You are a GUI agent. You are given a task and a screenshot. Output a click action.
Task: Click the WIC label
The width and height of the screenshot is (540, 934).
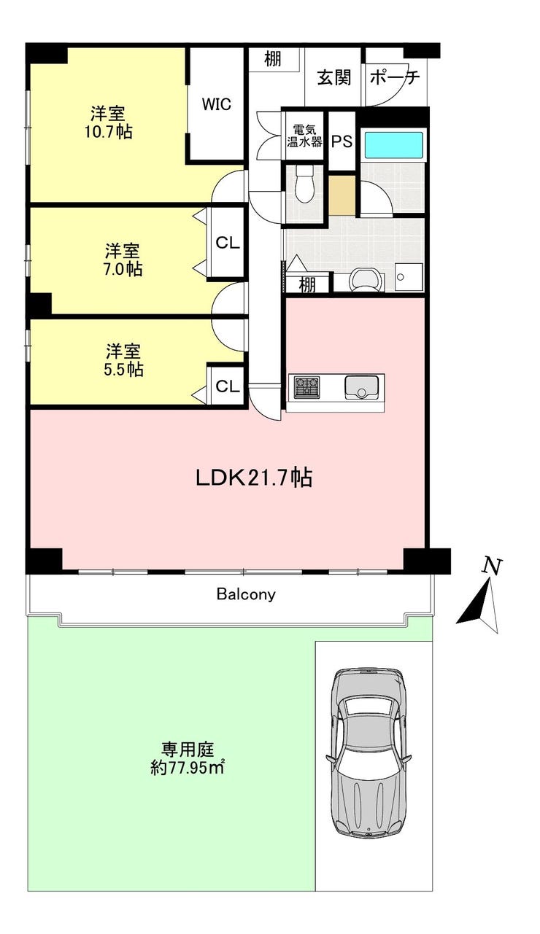click(x=217, y=104)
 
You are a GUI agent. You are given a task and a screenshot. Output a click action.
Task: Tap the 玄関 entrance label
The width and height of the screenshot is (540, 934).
click(x=333, y=77)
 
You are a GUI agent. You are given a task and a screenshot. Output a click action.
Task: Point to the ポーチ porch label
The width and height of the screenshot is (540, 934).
click(x=394, y=77)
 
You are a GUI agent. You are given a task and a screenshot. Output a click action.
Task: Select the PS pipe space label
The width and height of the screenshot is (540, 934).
click(x=342, y=141)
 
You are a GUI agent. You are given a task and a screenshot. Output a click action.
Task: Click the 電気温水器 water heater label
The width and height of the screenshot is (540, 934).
click(x=304, y=136)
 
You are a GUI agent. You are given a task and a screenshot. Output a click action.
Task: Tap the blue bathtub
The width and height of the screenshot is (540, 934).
click(x=394, y=144)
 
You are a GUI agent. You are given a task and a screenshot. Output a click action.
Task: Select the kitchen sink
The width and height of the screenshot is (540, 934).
click(x=361, y=387)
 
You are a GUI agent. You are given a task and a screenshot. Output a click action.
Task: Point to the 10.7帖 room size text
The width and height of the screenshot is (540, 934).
click(x=109, y=132)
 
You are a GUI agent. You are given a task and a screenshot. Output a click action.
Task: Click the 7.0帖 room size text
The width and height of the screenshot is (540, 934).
click(x=123, y=269)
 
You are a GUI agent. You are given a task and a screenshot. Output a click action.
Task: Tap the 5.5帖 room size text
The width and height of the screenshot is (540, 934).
click(x=123, y=370)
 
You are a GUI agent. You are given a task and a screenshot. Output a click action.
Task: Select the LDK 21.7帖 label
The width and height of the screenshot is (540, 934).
click(x=254, y=478)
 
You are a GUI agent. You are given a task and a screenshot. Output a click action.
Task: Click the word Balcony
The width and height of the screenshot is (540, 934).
click(x=246, y=594)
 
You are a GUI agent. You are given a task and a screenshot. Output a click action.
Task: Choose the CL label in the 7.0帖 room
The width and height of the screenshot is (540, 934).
click(x=228, y=242)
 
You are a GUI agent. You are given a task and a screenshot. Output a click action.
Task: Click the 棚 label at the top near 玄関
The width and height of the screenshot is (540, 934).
click(x=272, y=60)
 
